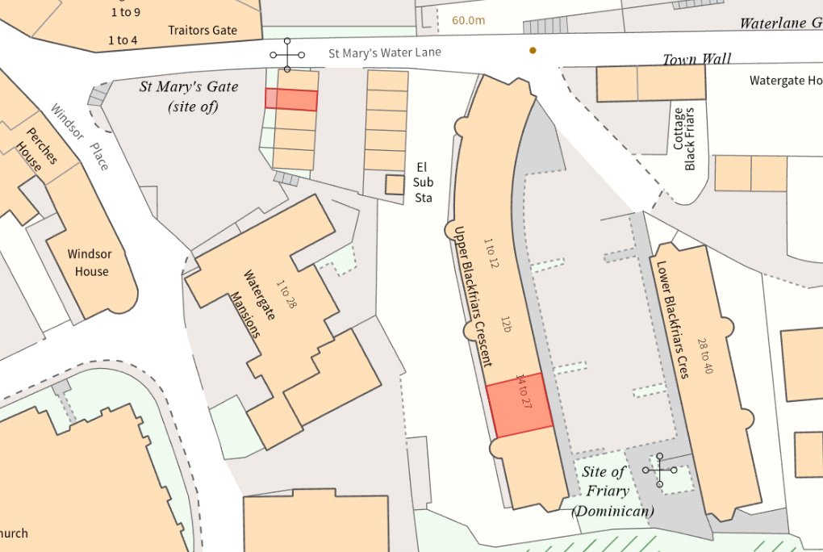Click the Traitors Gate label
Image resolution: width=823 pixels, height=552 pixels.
[x=203, y=31]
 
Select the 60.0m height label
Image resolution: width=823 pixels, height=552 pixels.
[x=468, y=20]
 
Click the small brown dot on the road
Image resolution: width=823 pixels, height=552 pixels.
[x=533, y=51]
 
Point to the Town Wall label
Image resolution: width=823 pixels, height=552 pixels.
[x=696, y=59]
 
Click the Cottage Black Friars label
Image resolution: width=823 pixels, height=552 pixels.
[x=683, y=138]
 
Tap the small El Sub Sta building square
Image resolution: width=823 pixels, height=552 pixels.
[x=394, y=185]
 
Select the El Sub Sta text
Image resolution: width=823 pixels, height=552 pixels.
[x=423, y=182]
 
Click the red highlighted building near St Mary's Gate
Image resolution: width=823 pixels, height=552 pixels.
[x=291, y=99]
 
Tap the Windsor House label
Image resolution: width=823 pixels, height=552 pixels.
[x=90, y=262]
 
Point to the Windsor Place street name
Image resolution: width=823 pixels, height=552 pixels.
[x=79, y=136]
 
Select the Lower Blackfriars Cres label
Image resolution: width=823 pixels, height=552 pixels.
[x=672, y=320]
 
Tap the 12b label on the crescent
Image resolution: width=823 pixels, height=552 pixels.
[x=506, y=324]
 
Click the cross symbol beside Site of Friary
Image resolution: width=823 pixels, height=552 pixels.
[x=660, y=470]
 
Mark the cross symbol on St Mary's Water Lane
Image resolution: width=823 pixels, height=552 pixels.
[x=287, y=55]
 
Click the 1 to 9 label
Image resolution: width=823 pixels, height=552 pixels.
[x=124, y=12]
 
